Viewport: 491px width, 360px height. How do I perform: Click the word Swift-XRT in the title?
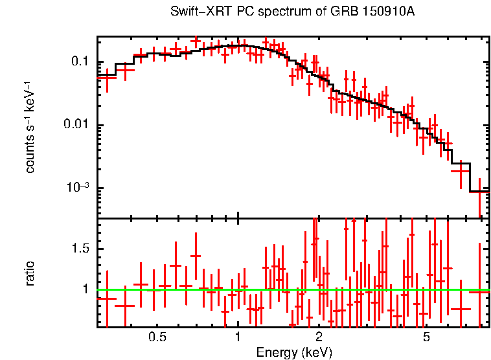pos(195,12)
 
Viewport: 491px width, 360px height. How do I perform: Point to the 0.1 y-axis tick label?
pos(79,62)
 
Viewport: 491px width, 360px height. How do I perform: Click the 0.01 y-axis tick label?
pos(76,125)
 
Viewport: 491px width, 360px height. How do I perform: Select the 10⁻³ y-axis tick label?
pos(78,188)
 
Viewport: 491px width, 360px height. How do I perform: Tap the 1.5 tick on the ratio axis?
pos(81,249)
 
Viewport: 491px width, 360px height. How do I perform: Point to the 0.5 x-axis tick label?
pos(157,338)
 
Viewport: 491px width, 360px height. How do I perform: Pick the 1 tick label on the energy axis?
pos(238,338)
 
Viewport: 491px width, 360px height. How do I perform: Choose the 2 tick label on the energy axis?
pos(319,338)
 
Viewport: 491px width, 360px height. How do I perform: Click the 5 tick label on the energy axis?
pos(426,338)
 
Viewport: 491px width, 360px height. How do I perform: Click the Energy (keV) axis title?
pos(294,352)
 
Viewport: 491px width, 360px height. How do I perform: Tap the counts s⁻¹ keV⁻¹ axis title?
pos(30,126)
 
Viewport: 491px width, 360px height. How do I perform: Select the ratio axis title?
pos(30,273)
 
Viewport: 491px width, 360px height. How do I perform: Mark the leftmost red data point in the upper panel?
pos(106,76)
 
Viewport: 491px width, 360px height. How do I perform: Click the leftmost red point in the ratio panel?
pos(106,298)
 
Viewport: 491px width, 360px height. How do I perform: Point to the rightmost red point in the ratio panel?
pos(479,292)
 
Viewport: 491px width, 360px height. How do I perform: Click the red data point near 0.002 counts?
pos(461,171)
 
